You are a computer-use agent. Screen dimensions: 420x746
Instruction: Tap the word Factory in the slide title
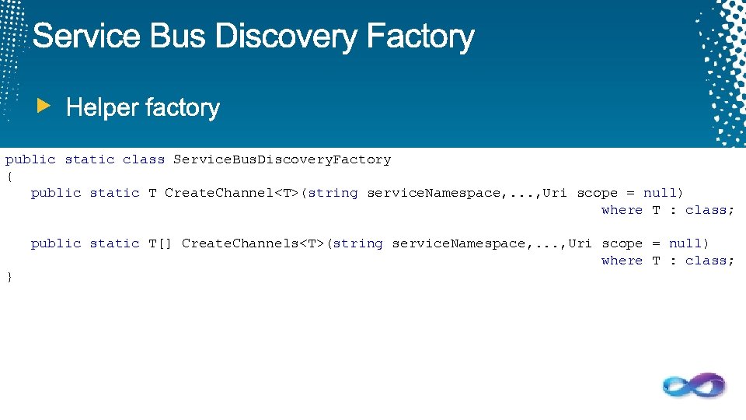(420, 37)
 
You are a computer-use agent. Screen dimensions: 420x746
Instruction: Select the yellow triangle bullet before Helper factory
(45, 105)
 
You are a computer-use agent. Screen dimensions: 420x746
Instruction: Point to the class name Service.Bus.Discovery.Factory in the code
(282, 159)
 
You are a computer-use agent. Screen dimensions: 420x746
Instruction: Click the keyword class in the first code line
(144, 159)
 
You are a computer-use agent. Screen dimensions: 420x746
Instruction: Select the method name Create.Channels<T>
(253, 243)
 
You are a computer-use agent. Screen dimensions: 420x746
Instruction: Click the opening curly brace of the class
(9, 177)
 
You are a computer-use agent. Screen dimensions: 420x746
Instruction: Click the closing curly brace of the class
(9, 277)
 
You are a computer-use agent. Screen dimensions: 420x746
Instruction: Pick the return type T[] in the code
(160, 243)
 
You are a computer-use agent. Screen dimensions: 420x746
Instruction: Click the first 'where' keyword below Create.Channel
(622, 210)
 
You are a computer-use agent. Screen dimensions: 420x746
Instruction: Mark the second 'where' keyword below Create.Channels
(622, 261)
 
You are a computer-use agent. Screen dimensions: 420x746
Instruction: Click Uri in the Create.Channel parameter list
(555, 193)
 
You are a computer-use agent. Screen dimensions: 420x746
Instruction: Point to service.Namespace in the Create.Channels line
(458, 243)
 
